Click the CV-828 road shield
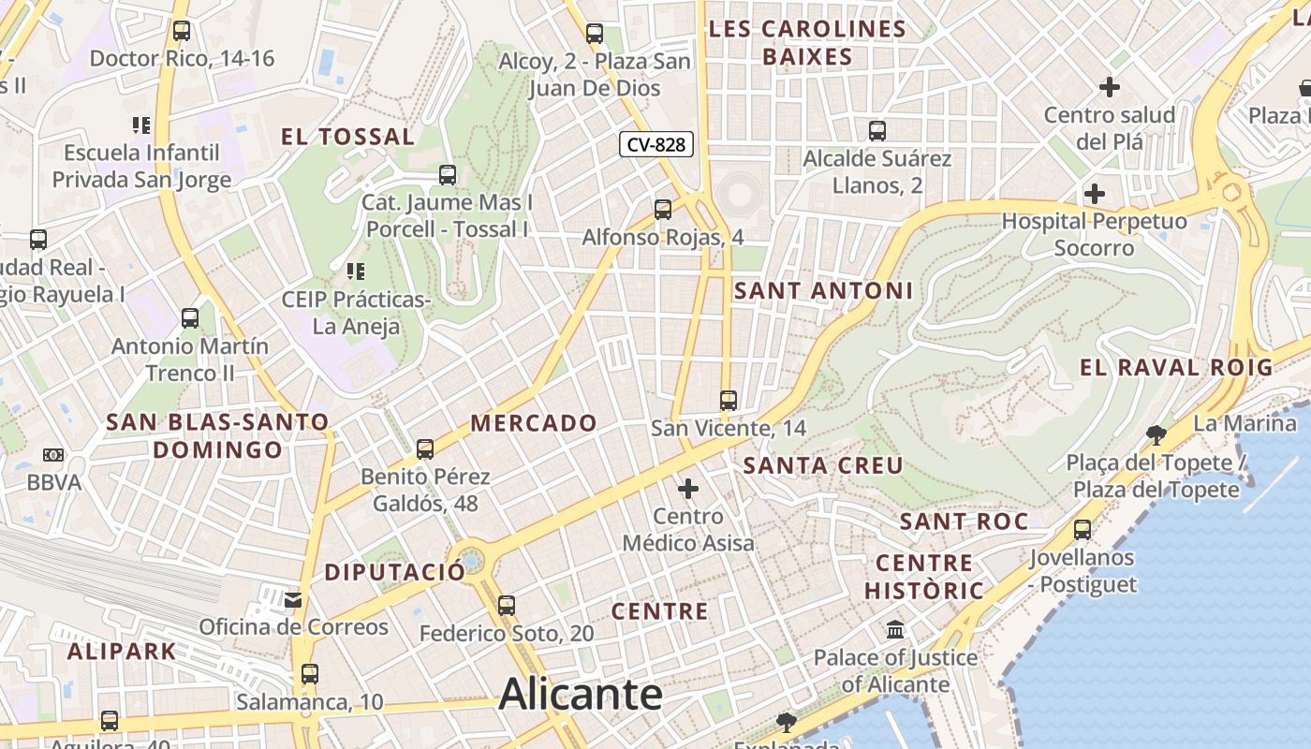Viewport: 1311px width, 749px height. pyautogui.click(x=656, y=144)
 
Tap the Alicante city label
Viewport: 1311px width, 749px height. pyautogui.click(x=581, y=695)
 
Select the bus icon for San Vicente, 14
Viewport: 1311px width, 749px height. pyautogui.click(x=729, y=401)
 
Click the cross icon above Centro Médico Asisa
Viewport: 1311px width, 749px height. pyautogui.click(x=688, y=488)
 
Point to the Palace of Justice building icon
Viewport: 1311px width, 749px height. pyautogui.click(x=895, y=629)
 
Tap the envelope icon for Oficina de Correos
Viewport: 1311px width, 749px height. pyautogui.click(x=294, y=599)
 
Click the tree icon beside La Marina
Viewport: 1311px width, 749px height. pyautogui.click(x=1156, y=433)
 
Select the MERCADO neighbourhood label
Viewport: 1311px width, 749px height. pyautogui.click(x=534, y=423)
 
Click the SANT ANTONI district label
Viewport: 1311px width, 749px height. pyautogui.click(x=823, y=291)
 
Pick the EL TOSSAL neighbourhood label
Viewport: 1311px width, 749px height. pyautogui.click(x=347, y=138)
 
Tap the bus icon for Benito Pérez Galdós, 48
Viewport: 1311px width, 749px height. pyautogui.click(x=425, y=449)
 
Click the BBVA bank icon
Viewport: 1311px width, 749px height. pyautogui.click(x=53, y=455)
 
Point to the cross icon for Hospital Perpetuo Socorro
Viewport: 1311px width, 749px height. pyautogui.click(x=1094, y=195)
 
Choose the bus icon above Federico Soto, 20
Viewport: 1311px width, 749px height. pyautogui.click(x=507, y=606)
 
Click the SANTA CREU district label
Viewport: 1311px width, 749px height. pyautogui.click(x=823, y=465)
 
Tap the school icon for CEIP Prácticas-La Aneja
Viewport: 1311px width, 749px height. pyautogui.click(x=356, y=272)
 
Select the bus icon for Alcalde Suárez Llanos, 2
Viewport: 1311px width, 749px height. pyautogui.click(x=877, y=131)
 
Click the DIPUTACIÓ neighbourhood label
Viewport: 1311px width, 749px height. pyautogui.click(x=394, y=572)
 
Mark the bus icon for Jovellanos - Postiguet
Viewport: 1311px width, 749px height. pyautogui.click(x=1083, y=530)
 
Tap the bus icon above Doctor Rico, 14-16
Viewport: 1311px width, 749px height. pyautogui.click(x=182, y=31)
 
